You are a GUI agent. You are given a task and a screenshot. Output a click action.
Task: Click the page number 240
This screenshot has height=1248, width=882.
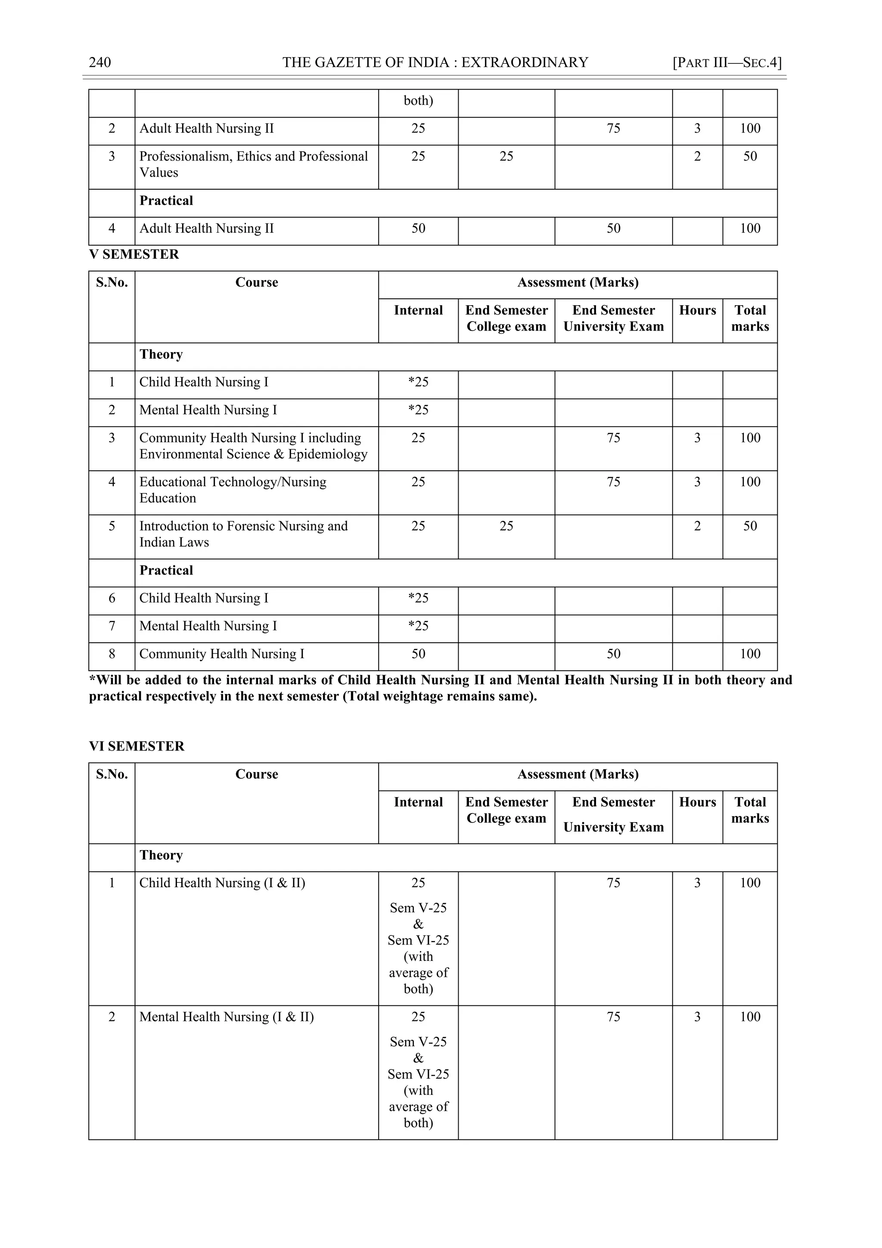click(x=100, y=63)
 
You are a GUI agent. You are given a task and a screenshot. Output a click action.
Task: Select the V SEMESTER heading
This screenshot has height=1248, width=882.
click(x=134, y=254)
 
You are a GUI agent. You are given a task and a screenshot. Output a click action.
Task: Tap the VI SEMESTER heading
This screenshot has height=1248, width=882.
click(x=137, y=746)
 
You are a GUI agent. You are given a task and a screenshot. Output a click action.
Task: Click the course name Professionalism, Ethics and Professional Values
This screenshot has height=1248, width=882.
click(x=253, y=164)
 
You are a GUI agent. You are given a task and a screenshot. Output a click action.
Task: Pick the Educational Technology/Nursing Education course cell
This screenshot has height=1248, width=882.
click(x=233, y=490)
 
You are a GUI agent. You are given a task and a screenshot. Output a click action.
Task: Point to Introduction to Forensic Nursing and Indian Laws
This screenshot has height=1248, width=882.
click(x=243, y=534)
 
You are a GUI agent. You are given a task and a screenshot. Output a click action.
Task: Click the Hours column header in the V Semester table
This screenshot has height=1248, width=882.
click(x=697, y=310)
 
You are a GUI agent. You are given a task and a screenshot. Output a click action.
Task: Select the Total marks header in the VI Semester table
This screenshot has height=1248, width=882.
click(x=750, y=810)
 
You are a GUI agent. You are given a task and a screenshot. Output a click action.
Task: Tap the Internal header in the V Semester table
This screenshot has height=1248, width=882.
click(x=418, y=310)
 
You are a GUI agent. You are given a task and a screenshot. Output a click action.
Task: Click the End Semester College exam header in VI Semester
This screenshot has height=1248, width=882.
click(x=506, y=810)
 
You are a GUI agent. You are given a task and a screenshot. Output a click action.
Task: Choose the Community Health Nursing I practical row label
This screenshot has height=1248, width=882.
click(x=222, y=654)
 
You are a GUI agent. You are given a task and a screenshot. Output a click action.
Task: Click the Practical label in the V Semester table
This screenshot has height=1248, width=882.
click(x=166, y=570)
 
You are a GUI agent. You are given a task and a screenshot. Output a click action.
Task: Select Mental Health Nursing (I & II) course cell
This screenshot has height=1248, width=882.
click(x=227, y=1017)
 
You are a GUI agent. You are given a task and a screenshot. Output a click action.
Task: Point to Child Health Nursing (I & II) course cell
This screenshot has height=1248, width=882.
click(x=222, y=883)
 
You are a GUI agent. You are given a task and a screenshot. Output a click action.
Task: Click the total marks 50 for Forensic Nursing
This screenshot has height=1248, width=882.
click(x=750, y=526)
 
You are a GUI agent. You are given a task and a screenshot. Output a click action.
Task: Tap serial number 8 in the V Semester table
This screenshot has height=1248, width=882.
click(x=112, y=654)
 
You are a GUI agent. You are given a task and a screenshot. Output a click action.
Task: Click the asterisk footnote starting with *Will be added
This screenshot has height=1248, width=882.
click(x=440, y=688)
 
